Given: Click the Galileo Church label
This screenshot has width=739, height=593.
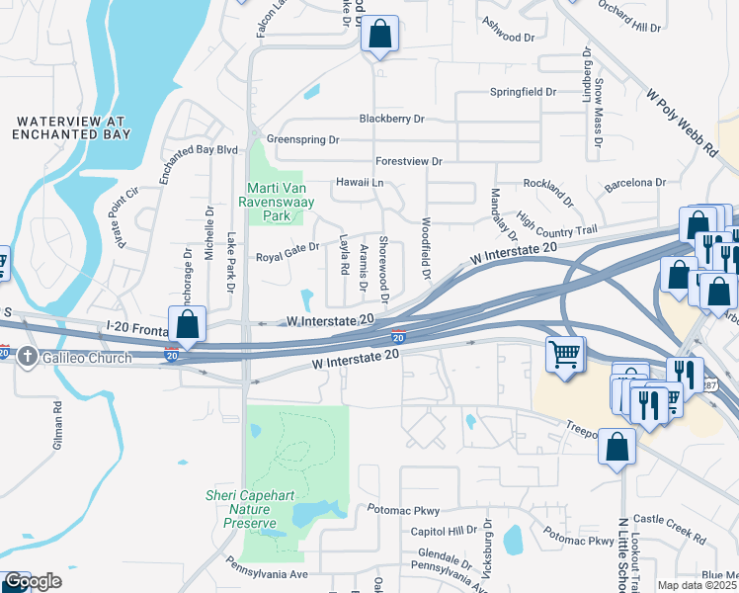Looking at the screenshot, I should click(86, 358).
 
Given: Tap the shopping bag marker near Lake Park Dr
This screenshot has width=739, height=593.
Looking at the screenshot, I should click(186, 324).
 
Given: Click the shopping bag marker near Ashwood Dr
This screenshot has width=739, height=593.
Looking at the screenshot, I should click(379, 35).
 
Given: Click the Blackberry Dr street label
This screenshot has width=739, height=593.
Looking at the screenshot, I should click(391, 119).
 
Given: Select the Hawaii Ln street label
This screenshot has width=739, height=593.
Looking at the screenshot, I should click(360, 183).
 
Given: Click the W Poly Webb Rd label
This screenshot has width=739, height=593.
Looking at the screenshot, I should click(683, 123).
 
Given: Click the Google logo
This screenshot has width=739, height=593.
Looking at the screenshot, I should click(33, 581).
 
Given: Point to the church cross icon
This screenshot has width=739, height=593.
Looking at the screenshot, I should click(30, 358).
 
